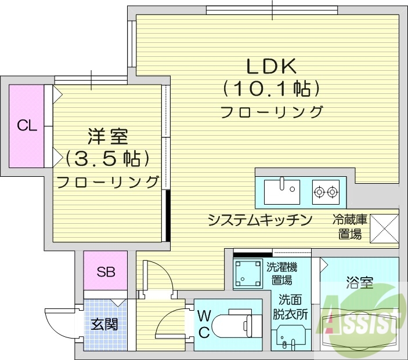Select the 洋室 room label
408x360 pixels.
pyautogui.click(x=107, y=137)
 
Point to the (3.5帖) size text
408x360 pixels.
pyautogui.click(x=107, y=158)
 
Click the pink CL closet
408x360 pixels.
pyautogui.click(x=27, y=126)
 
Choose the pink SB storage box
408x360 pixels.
pyautogui.click(x=105, y=271)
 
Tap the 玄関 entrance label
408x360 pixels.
pyautogui.click(x=104, y=323)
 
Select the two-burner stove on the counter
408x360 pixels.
pyautogui.click(x=326, y=190)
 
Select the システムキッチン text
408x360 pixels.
pyautogui.click(x=260, y=220)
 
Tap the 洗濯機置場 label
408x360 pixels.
pyautogui.click(x=282, y=274)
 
